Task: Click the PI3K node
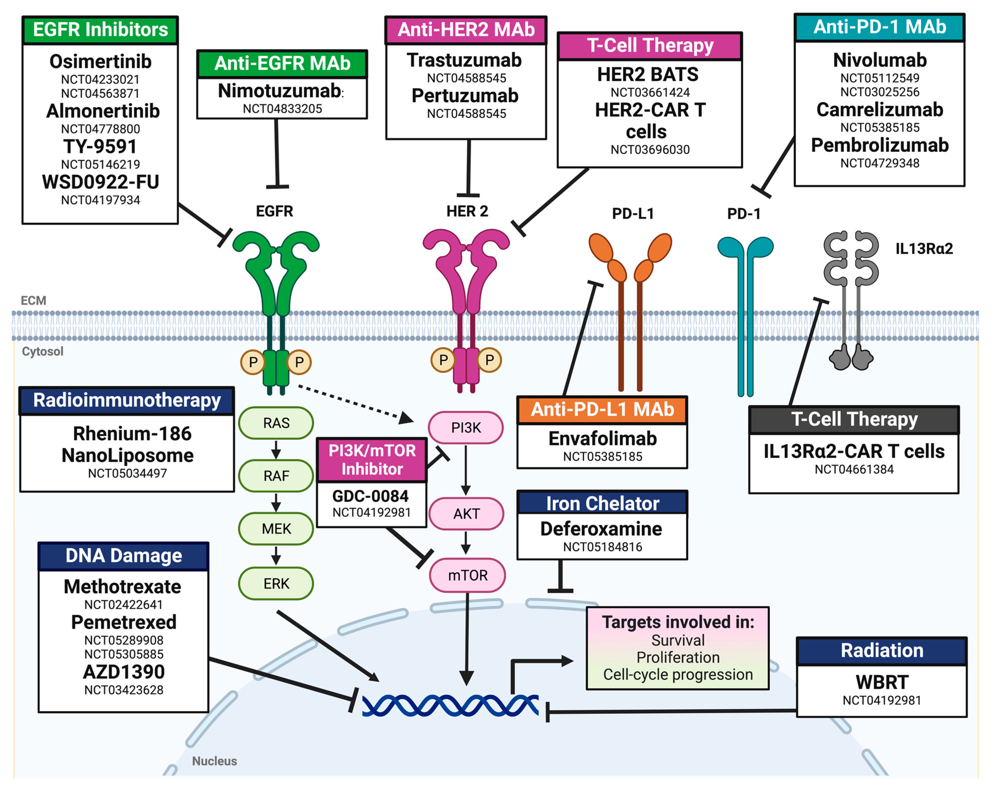click(x=466, y=427)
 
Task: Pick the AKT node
click(x=466, y=514)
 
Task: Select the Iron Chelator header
click(x=602, y=503)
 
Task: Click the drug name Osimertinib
click(x=100, y=61)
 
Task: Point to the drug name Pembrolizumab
click(x=880, y=145)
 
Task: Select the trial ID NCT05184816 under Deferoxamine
click(x=602, y=547)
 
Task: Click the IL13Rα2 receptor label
click(x=924, y=248)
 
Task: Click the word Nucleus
click(x=214, y=761)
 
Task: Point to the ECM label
click(x=34, y=300)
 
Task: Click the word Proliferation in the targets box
click(x=678, y=657)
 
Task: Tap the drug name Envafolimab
click(x=602, y=438)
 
